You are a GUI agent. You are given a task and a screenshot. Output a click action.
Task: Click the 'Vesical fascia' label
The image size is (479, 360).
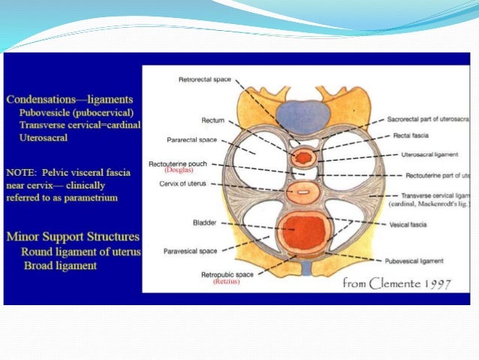click(410, 224)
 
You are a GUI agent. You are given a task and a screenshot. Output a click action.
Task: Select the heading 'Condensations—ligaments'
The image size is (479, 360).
click(69, 98)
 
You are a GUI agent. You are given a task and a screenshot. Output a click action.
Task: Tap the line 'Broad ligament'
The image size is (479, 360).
click(59, 265)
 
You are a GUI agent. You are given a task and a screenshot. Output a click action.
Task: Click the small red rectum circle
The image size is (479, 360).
click(305, 158)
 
